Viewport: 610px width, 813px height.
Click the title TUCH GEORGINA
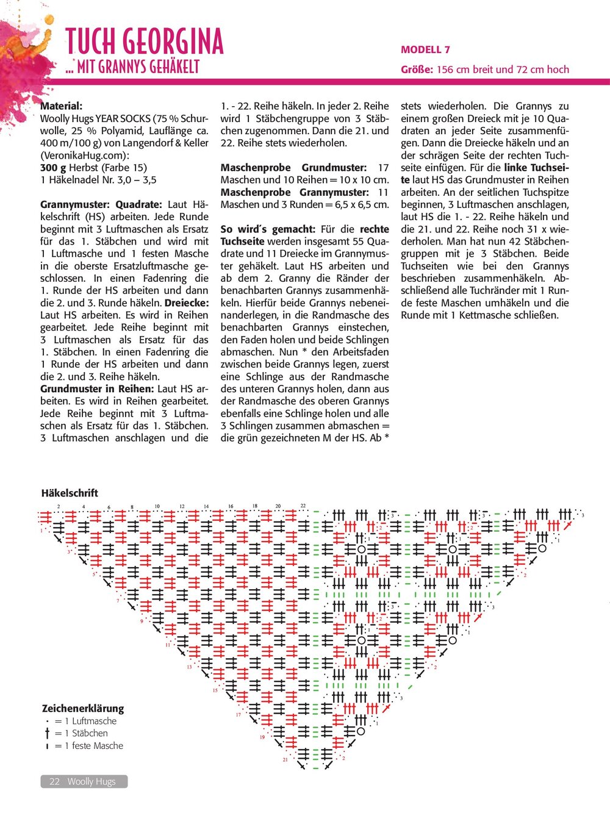145,41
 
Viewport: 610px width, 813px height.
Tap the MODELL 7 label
425,50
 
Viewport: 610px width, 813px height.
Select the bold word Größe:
417,70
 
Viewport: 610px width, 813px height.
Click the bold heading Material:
61,106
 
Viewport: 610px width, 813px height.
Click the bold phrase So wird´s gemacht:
268,229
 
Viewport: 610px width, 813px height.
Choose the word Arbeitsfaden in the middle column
356,352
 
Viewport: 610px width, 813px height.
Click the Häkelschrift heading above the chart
70,493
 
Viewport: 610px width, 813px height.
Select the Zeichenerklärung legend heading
82,709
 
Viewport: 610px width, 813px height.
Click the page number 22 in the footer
54,781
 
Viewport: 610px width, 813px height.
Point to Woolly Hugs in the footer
91,781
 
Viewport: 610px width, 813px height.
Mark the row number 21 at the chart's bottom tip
285,760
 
